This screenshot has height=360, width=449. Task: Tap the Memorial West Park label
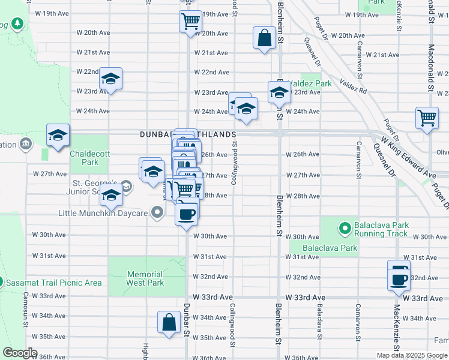pos(145,278)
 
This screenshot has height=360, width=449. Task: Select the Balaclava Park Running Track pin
pos(345,229)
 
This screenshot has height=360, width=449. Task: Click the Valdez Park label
pos(309,83)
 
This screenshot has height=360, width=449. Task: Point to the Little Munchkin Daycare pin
pos(157,213)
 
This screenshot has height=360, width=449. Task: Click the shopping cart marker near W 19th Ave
pos(190,22)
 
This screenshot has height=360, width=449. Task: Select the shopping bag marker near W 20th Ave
pos(264,38)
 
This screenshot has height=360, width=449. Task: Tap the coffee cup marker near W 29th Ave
pos(187,213)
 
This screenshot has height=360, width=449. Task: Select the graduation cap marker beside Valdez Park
pos(279,92)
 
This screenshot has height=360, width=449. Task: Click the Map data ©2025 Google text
pos(412,355)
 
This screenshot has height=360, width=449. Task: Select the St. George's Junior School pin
pos(126,185)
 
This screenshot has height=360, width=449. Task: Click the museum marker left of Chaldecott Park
pos(26,144)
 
